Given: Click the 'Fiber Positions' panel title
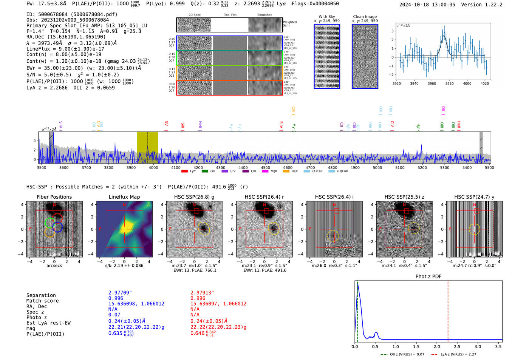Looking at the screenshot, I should pos(54,197).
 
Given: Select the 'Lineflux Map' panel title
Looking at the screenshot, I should pos(124,197).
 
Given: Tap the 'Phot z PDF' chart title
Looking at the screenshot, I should pos(428,277).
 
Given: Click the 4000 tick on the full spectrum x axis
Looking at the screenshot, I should pos(153,168).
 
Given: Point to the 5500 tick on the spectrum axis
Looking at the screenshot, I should pos(489,168).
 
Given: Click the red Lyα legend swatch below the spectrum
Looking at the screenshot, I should pos(184,172).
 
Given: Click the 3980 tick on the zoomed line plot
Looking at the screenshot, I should pos(449,83).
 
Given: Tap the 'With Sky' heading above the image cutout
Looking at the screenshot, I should pos(326,17).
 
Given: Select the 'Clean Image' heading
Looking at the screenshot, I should pos(365,17).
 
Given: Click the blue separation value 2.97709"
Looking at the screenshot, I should pos(120,293).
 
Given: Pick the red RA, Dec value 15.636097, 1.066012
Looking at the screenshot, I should pos(218,304).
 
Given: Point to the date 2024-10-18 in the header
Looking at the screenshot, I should pos(413,5).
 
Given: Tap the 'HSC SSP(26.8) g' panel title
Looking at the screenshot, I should pos(194,197).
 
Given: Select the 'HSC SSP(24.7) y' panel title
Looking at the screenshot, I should pos(474,197).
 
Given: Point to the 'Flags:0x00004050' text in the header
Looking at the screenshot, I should pos(315,4).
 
